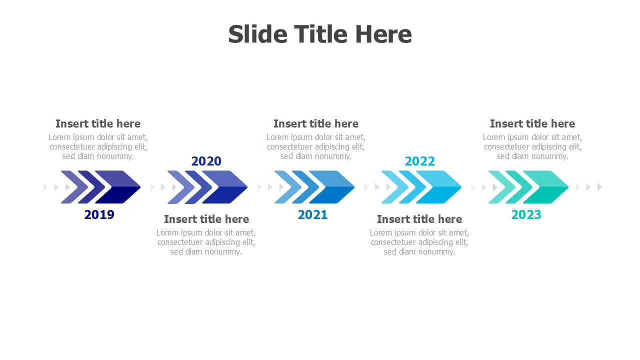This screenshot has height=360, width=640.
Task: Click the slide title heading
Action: point(320,34)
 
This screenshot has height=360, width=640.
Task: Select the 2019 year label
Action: point(99,214)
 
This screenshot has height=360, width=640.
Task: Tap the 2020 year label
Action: point(206,161)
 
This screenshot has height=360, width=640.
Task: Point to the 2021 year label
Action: point(312,214)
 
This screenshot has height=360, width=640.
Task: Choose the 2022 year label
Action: point(419,161)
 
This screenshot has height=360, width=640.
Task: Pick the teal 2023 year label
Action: point(526,214)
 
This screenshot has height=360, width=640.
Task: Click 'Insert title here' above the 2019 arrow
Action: point(98,123)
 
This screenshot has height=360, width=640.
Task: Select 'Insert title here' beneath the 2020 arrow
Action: point(206,219)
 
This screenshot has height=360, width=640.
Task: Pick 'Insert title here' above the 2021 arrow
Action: point(316,123)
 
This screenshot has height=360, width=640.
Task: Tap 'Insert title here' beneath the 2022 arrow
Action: point(419,219)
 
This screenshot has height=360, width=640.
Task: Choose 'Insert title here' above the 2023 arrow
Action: point(532,123)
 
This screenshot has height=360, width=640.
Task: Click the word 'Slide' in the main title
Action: point(257,34)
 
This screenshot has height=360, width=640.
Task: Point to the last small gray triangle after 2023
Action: point(599,187)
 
